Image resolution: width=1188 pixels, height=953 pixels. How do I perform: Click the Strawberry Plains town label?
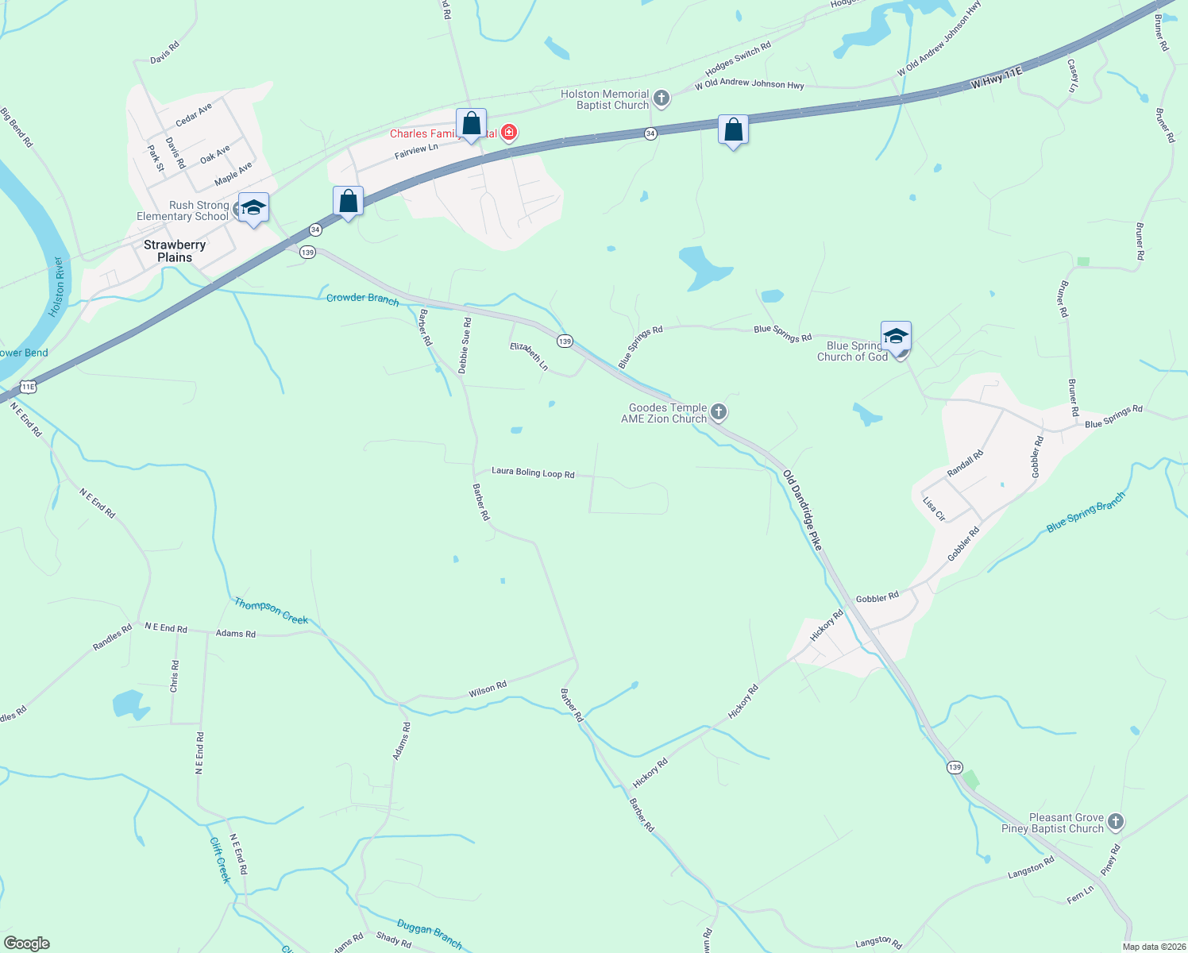(175, 251)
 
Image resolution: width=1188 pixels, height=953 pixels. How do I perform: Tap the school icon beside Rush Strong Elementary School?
(253, 208)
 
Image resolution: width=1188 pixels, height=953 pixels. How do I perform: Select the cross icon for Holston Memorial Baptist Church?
(661, 98)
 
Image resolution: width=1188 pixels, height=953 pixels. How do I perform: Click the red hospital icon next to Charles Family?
(509, 133)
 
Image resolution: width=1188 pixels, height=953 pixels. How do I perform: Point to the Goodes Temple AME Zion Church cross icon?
(719, 411)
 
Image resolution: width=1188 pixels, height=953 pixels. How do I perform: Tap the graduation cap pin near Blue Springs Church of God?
(896, 337)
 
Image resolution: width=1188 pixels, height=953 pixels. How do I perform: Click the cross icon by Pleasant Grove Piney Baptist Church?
(1116, 822)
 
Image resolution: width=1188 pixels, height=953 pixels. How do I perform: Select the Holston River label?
(57, 287)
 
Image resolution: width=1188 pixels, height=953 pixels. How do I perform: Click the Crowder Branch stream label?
(363, 299)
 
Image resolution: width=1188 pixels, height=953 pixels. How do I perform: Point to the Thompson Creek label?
(271, 611)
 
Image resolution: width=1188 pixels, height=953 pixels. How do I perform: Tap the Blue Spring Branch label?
(1086, 512)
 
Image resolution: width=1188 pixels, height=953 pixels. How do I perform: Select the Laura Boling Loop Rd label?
(533, 472)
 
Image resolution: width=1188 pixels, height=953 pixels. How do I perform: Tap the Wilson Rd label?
(488, 689)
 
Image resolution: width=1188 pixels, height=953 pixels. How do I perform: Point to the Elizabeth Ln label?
(529, 356)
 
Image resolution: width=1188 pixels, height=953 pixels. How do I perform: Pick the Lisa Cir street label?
(934, 509)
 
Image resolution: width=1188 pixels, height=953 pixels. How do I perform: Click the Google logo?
(27, 943)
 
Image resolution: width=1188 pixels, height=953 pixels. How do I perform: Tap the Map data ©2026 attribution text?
(1152, 947)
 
